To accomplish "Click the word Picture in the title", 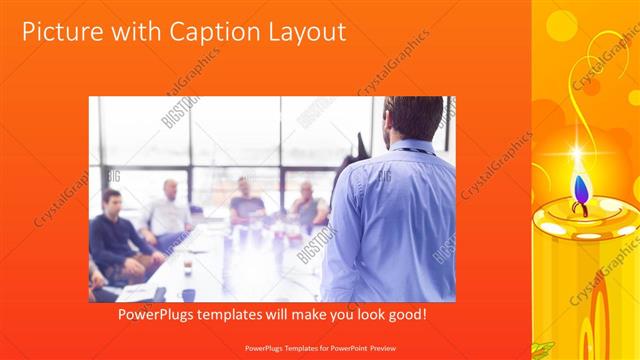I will pyautogui.click(x=62, y=32).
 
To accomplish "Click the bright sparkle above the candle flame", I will pyautogui.click(x=576, y=154).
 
